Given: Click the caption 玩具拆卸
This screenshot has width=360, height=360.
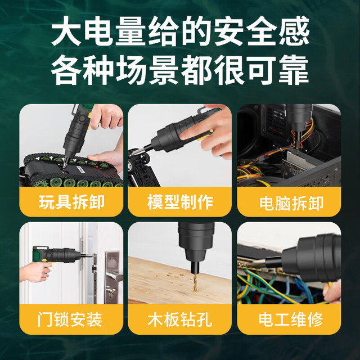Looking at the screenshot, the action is tap(71, 202).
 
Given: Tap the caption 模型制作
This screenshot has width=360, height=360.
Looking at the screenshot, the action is tap(180, 202).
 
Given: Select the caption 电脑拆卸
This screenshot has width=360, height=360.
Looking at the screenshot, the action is tap(291, 203).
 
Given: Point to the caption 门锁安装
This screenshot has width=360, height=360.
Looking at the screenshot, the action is tap(70, 319).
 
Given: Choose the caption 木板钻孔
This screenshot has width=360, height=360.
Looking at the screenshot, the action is tap(179, 319).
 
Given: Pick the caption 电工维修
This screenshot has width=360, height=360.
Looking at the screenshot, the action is tap(291, 319).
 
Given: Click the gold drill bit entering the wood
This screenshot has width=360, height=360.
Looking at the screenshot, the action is tap(195, 283).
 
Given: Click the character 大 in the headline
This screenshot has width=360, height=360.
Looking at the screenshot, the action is tap(66, 31).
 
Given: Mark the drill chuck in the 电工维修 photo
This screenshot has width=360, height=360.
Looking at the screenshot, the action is tap(308, 258).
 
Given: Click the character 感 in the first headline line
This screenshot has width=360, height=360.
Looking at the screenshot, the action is tap(294, 31).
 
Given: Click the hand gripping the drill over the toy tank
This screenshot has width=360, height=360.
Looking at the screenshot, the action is tap(106, 117).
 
